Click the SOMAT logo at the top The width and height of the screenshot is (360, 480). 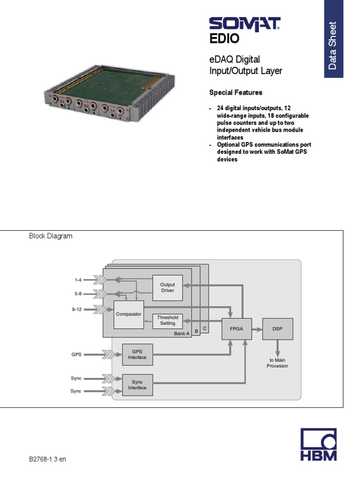pos(244,24)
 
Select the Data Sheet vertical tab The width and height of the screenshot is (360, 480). pos(333,45)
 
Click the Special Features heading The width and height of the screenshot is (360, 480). pos(235,92)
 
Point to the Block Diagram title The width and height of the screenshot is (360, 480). pos(51,236)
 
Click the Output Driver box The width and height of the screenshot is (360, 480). pos(167,287)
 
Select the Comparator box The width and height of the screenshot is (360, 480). pos(128,314)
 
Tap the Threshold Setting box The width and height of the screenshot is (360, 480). pos(167,320)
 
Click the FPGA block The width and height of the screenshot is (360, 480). pos(236,329)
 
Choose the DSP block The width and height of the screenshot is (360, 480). pos(277,329)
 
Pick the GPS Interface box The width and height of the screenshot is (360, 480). pos(137,354)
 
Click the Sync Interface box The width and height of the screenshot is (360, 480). pos(137,385)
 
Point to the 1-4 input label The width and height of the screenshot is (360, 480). pos(78,280)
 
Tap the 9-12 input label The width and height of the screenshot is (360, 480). pos(76,309)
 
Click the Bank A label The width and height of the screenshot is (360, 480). pos(181,334)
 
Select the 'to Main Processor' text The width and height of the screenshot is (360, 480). pos(277,363)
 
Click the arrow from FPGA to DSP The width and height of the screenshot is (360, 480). pos(257,329)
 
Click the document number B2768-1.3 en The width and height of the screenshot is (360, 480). pos(47,459)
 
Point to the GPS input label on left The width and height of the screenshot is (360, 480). pos(76,354)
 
